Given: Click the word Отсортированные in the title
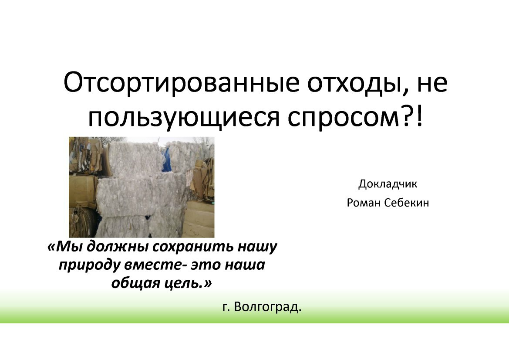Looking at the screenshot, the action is [x=181, y=82].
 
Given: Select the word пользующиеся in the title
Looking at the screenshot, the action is [x=184, y=118].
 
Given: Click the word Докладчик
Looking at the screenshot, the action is [x=388, y=184].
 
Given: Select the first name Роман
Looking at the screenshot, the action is [x=363, y=203].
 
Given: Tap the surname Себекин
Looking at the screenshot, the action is [x=406, y=203].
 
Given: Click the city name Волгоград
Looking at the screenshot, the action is [x=267, y=307].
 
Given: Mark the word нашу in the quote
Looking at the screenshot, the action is [x=257, y=247].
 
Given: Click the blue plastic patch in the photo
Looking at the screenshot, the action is [x=167, y=157].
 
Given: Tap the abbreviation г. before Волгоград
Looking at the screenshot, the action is [x=226, y=307].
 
